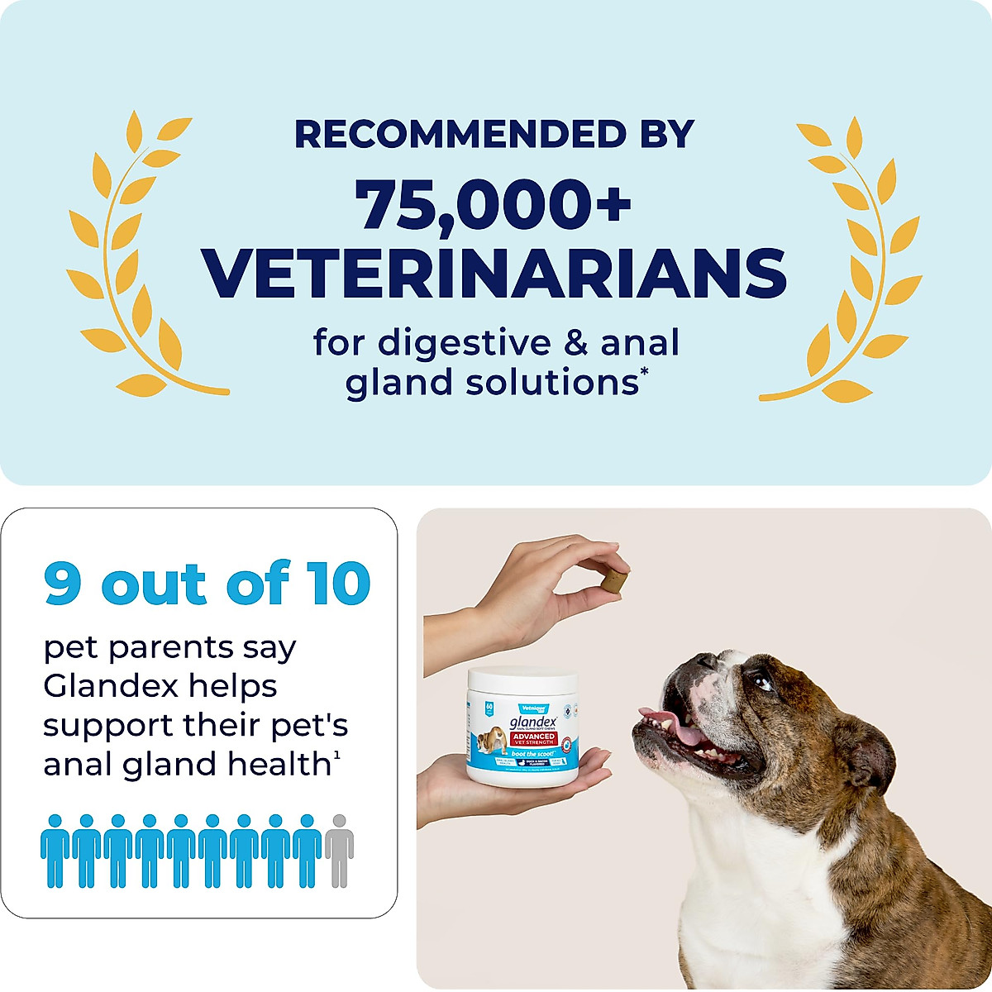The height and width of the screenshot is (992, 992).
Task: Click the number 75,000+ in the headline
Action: tap(494, 204)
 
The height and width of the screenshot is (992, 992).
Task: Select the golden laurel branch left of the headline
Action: tap(136, 256)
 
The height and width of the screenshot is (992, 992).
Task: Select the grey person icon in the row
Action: tap(338, 850)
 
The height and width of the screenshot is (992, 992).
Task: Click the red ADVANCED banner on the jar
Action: tap(532, 738)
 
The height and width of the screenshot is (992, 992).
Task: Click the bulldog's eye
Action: tap(762, 683)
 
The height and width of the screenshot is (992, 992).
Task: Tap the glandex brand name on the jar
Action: tap(530, 720)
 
